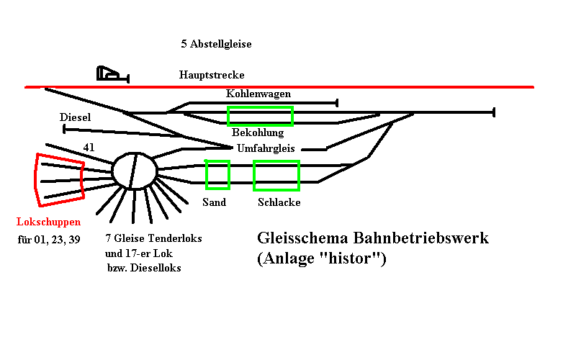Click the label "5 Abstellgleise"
coord(216,45)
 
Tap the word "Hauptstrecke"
coord(212,75)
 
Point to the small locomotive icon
coord(110,73)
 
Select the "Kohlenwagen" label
coord(258,94)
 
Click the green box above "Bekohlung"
coord(260,116)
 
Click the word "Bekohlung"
coord(258,132)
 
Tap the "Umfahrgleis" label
coord(266,148)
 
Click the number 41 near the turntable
coord(89,148)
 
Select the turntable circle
coord(135,171)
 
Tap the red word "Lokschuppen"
coord(49,222)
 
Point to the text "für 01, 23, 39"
coord(49,240)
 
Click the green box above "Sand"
coord(217,174)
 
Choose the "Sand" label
coord(214,202)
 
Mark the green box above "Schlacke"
coord(276,175)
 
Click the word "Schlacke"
coord(279,202)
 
